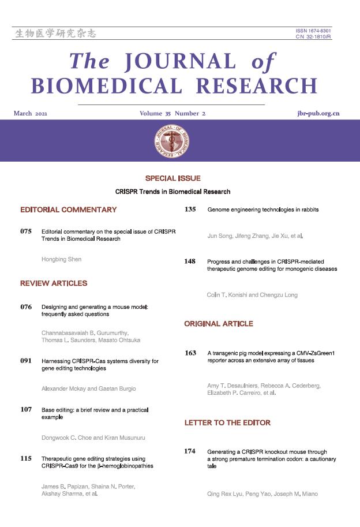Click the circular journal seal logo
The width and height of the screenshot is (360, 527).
[172, 140]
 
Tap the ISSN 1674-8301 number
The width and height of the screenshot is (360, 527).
[314, 30]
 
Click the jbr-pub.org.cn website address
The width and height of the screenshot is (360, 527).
[314, 114]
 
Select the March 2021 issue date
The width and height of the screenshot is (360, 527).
[30, 114]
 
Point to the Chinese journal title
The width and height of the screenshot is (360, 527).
[55, 33]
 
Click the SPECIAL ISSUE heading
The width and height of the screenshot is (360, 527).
[172, 178]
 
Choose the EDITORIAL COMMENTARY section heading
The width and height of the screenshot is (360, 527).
[68, 210]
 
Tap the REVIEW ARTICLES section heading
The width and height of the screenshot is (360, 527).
[54, 283]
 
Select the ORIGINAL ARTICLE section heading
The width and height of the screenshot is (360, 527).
[218, 324]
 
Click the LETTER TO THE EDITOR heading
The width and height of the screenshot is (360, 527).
[227, 423]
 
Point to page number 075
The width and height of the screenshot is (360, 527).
[25, 231]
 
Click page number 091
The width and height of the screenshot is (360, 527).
[25, 361]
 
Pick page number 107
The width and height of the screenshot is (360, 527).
[25, 410]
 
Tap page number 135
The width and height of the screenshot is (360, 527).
[190, 210]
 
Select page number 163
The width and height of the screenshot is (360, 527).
[190, 352]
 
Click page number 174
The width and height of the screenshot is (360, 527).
[190, 451]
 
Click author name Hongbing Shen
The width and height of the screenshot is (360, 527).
[62, 259]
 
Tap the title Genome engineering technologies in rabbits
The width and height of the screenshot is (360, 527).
[262, 210]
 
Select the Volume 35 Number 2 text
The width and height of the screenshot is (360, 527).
[172, 114]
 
